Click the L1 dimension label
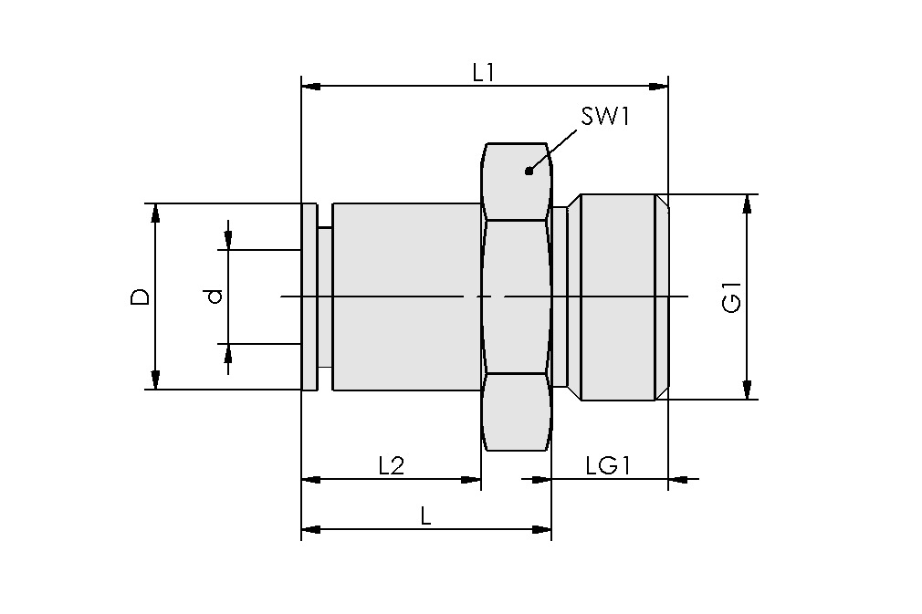483,72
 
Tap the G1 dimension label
731,298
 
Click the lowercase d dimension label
212,297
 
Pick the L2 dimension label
391,465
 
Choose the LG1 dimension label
609,465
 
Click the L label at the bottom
425,516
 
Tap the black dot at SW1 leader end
529,171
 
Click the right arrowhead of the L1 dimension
659,87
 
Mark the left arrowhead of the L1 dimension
310,87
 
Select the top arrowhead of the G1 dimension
748,203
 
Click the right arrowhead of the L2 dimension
472,479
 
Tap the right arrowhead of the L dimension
542,529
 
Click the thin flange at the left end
309,297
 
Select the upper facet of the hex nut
517,181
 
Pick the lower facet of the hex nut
517,412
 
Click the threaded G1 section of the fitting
618,297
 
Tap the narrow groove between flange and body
325,297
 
